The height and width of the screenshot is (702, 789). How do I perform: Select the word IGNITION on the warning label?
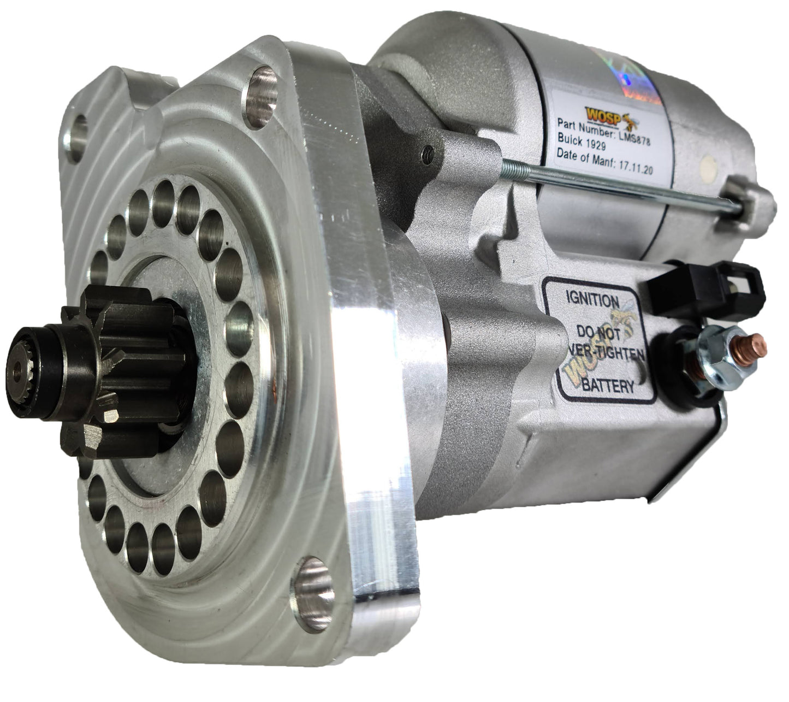[592, 300]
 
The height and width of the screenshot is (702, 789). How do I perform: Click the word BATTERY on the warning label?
[607, 386]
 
